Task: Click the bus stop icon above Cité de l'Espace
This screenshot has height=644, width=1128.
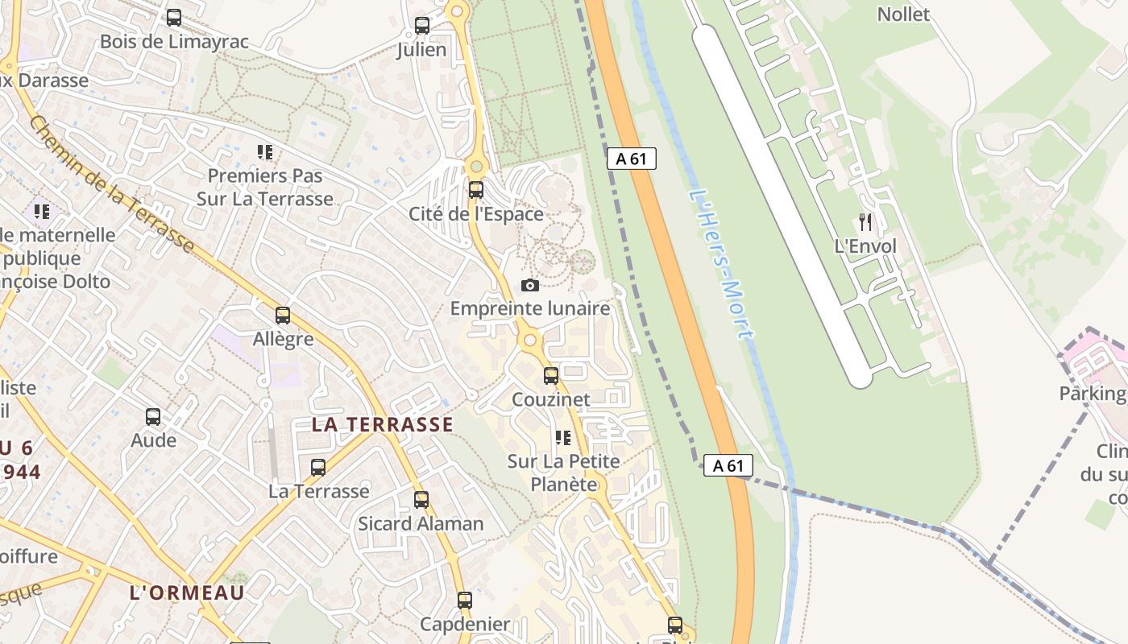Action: [476, 190]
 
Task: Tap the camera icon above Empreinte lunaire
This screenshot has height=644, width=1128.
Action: [530, 285]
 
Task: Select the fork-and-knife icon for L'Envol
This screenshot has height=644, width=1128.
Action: [865, 222]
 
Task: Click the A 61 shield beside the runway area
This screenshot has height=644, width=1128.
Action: [631, 159]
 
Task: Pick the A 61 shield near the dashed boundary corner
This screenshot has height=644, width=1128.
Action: [728, 465]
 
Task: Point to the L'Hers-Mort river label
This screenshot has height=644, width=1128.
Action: [722, 264]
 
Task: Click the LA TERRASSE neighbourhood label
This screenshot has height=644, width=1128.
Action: [383, 425]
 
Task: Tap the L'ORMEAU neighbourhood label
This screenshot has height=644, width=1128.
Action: [187, 592]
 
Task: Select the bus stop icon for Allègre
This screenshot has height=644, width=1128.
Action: [283, 316]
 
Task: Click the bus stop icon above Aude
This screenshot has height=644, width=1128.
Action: [153, 417]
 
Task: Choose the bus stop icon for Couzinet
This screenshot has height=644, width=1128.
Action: [551, 376]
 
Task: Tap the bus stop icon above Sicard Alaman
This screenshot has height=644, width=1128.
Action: [421, 500]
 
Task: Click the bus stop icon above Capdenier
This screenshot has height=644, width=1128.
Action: [465, 601]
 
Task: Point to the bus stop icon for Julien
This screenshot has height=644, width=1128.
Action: [422, 26]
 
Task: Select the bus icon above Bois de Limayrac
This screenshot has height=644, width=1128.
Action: [174, 18]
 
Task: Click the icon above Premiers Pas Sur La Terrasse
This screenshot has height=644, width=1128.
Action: [265, 151]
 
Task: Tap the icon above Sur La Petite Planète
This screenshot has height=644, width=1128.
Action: [563, 438]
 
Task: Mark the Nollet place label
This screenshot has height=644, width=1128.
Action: [903, 14]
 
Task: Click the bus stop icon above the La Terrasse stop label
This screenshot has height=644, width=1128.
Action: [318, 467]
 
